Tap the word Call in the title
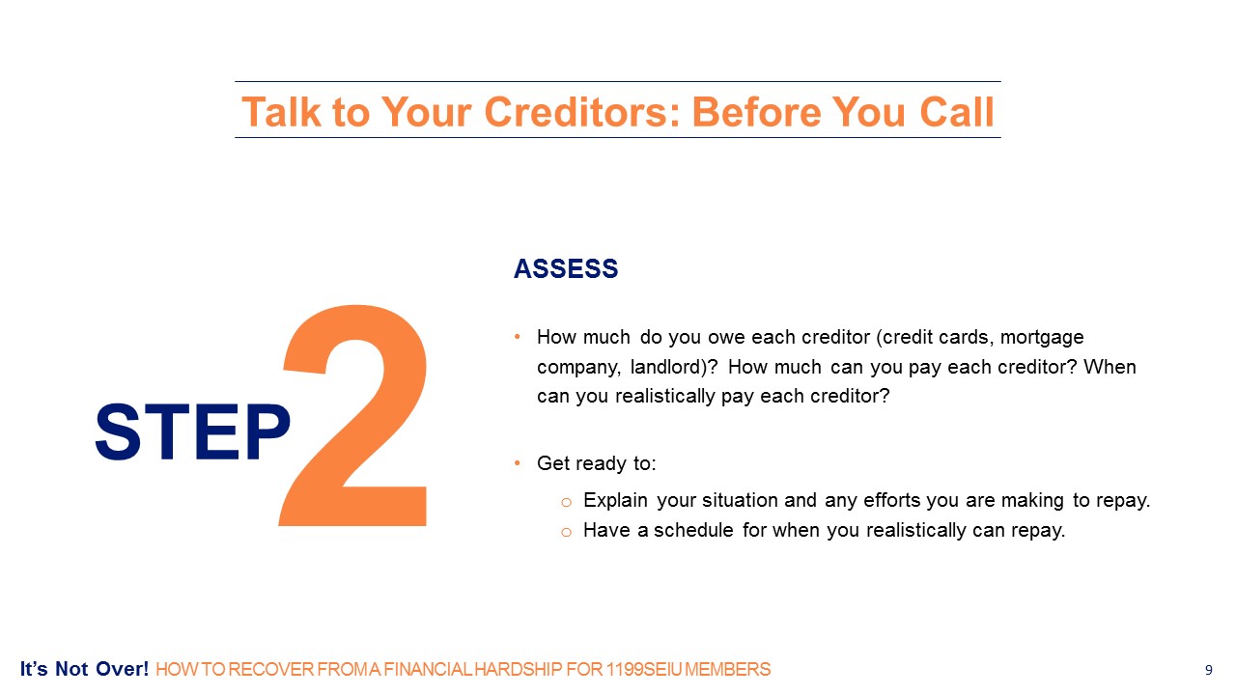click(x=957, y=112)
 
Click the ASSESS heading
click(x=566, y=269)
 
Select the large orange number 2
click(x=353, y=415)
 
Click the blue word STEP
click(x=192, y=431)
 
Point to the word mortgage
click(x=1042, y=338)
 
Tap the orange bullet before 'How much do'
click(x=517, y=337)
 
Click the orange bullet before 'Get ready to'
click(x=517, y=462)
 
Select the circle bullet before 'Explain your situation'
click(x=566, y=502)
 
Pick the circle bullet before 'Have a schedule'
click(x=566, y=532)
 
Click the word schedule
click(x=693, y=530)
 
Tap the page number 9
click(x=1208, y=670)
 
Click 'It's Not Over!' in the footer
click(x=84, y=669)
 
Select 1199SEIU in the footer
click(x=644, y=670)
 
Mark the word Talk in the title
click(x=281, y=112)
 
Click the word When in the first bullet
click(x=1110, y=367)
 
